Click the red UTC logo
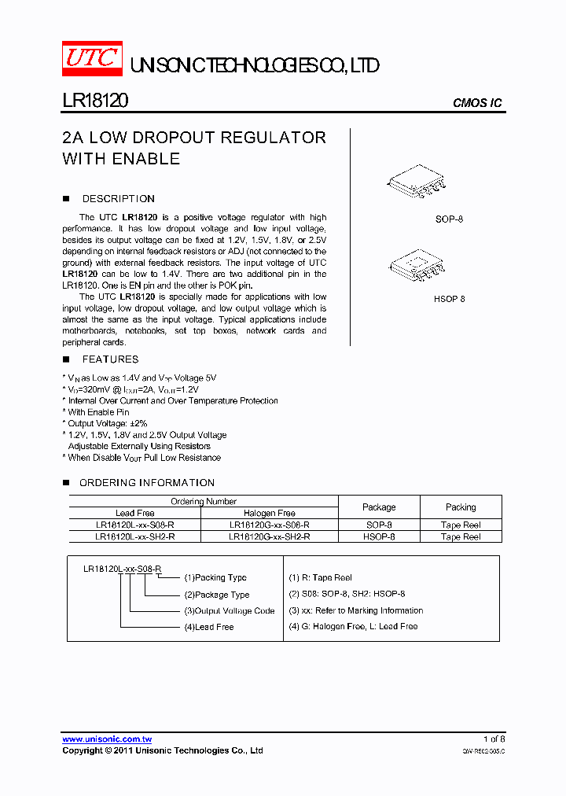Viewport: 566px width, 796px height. click(92, 59)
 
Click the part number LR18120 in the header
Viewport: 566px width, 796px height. click(95, 101)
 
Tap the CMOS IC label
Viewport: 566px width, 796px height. click(477, 103)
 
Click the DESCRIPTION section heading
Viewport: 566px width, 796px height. click(118, 199)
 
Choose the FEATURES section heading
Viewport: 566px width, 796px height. click(110, 359)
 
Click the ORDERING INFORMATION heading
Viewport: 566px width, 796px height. click(146, 483)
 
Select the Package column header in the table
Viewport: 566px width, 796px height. click(379, 507)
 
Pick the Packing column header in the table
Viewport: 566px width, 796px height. click(461, 507)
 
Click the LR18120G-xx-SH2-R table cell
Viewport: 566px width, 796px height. click(270, 536)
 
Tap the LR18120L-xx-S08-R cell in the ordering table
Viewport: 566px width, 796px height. click(134, 525)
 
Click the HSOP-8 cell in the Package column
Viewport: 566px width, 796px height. click(379, 536)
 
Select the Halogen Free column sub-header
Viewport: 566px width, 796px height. click(270, 513)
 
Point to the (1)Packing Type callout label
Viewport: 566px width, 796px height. click(215, 577)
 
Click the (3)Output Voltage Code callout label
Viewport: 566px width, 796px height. click(230, 610)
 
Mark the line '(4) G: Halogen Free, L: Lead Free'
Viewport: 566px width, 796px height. click(353, 626)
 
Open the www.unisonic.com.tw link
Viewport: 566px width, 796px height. click(107, 739)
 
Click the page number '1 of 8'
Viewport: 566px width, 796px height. click(494, 739)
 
